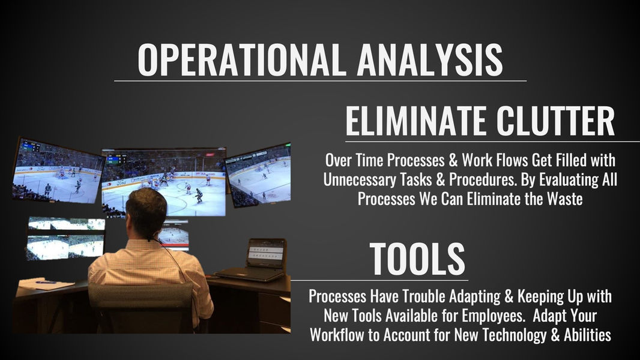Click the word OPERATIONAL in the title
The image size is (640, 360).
pyautogui.click(x=240, y=60)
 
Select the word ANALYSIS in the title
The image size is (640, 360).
pyautogui.click(x=430, y=60)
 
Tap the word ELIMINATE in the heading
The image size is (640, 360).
pyautogui.click(x=416, y=121)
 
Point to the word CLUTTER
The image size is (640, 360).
pyautogui.click(x=555, y=121)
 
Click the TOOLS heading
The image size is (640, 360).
pyautogui.click(x=417, y=259)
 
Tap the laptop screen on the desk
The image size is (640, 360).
pyautogui.click(x=266, y=253)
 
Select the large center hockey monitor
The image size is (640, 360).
pyautogui.click(x=164, y=182)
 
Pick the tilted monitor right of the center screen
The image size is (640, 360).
pyautogui.click(x=258, y=175)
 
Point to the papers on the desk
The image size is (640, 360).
pyautogui.click(x=40, y=283)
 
